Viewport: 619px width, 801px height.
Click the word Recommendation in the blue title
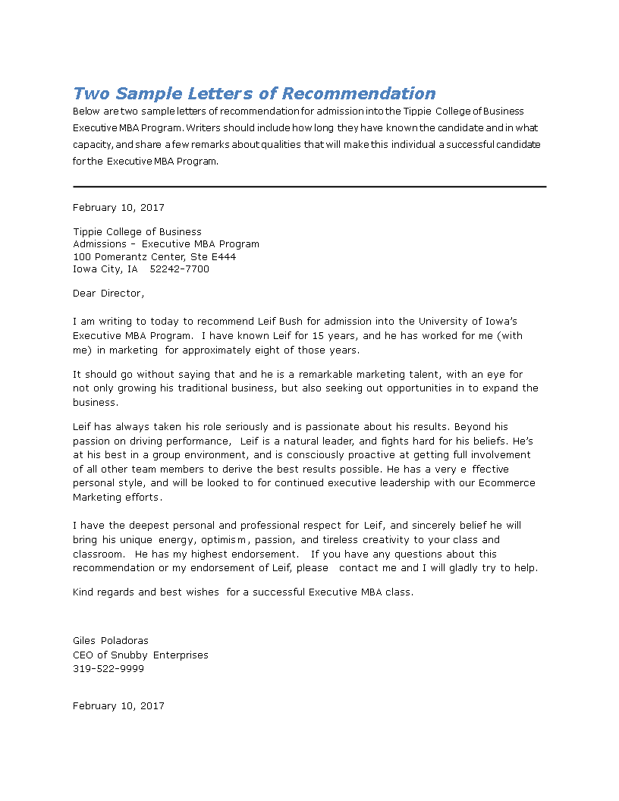(x=358, y=93)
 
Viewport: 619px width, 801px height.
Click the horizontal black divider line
(x=309, y=187)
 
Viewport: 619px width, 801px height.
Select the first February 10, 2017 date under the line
(x=118, y=207)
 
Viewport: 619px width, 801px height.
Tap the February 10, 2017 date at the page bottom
(x=118, y=705)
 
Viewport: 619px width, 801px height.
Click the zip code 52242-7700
(x=179, y=269)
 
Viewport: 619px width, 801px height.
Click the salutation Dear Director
(x=108, y=293)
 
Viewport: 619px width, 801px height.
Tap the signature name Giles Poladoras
(x=111, y=640)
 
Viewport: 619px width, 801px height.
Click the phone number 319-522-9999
(x=108, y=668)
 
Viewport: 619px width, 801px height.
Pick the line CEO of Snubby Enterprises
(x=140, y=655)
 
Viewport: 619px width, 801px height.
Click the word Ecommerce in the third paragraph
(x=508, y=482)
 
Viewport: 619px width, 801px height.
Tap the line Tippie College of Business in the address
(x=137, y=231)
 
